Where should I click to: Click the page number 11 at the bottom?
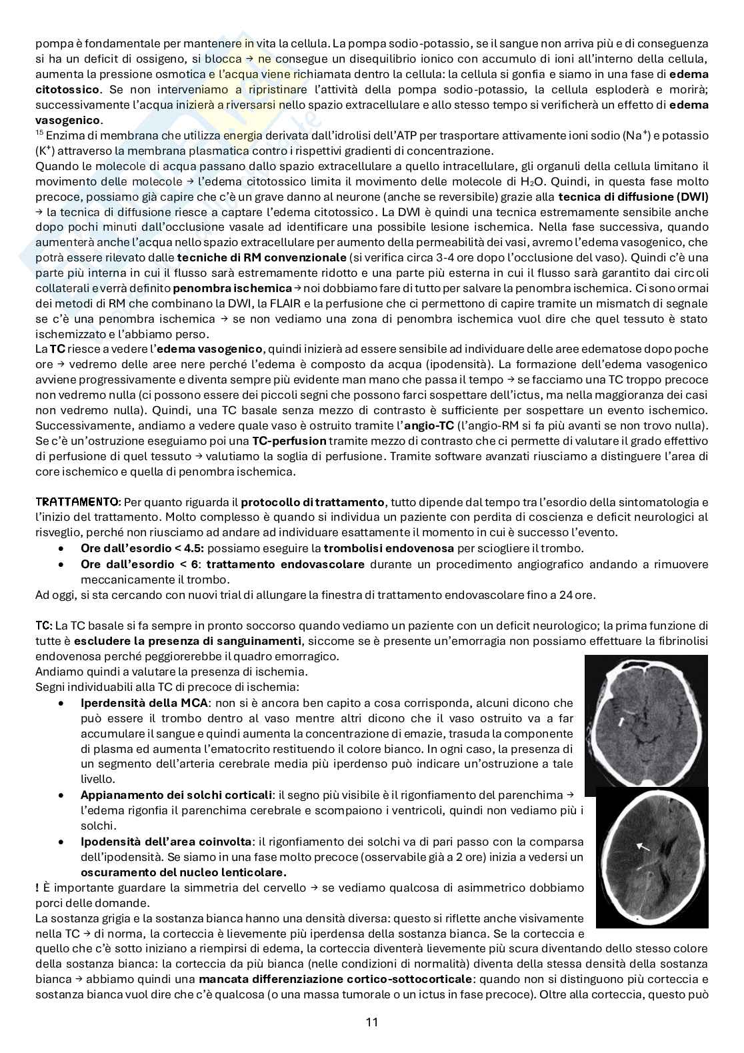372,1022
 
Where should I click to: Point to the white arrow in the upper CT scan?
621,721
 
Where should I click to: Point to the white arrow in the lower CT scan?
643,846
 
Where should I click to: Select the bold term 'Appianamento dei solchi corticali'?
176,795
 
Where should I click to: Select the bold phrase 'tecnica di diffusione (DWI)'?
633,197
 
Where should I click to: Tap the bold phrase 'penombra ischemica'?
232,288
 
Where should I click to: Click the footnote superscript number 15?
39,133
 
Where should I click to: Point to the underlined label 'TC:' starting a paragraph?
43,626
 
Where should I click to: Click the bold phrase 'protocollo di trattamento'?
312,502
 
